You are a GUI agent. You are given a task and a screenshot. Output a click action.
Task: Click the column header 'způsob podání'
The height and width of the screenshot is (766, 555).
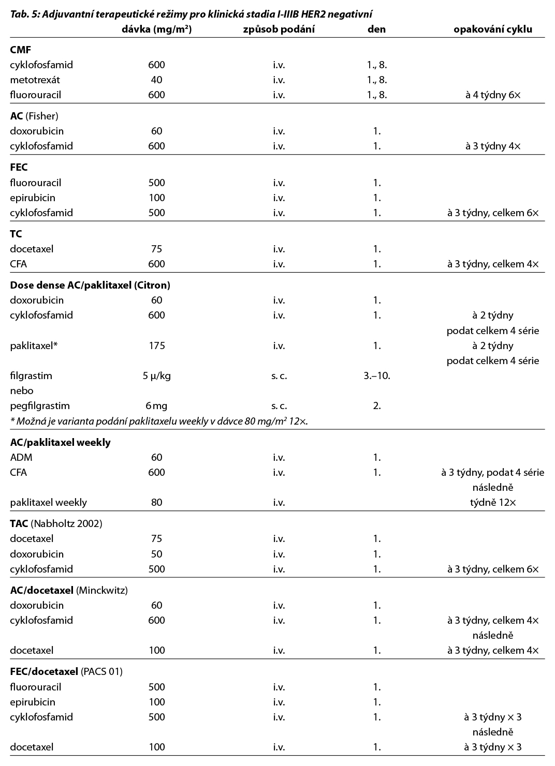[279, 29]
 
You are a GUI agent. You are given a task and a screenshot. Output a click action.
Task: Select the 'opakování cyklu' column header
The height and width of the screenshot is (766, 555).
[492, 29]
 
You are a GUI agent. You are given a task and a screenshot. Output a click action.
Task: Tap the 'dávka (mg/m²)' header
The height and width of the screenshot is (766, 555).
[156, 29]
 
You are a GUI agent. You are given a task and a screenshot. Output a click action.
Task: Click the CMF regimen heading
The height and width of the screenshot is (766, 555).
[21, 50]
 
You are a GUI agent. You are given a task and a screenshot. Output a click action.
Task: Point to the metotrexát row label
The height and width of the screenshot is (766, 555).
[35, 80]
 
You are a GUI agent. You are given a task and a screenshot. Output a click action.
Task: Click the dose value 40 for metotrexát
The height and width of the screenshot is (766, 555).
[156, 80]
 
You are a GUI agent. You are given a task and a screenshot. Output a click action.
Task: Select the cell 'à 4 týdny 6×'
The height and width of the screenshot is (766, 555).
[492, 95]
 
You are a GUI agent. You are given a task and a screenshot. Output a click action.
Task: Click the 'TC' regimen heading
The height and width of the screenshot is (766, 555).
[16, 234]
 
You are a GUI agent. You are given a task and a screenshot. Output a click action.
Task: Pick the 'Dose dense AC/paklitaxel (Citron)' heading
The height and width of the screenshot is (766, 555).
[90, 285]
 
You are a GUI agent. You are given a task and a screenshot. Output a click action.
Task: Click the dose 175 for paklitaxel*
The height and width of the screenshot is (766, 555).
[156, 346]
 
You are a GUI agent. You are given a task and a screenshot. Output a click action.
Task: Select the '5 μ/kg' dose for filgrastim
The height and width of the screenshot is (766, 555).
[156, 376]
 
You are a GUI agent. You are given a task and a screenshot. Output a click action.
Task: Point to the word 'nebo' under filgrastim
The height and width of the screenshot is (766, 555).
[21, 390]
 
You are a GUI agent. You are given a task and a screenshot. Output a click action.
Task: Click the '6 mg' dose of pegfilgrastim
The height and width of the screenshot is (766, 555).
[156, 405]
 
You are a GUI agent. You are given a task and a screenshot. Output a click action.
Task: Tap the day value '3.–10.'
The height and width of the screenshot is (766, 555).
[376, 376]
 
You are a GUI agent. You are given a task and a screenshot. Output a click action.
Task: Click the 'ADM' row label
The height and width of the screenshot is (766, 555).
[21, 457]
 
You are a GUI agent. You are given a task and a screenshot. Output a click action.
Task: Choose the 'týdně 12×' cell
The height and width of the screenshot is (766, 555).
[492, 502]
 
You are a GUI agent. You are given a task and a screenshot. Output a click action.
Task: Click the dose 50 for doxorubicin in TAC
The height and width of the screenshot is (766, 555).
[156, 554]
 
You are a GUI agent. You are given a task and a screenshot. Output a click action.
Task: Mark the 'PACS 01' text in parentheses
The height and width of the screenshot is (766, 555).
[101, 671]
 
